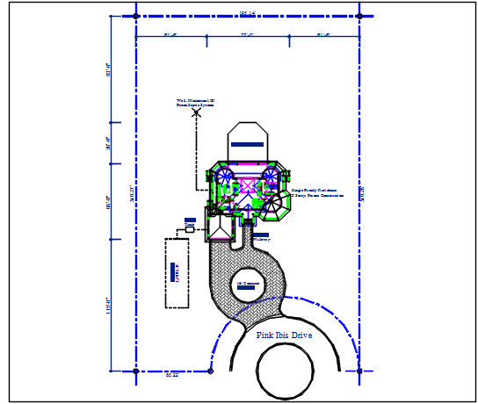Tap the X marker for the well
click(x=197, y=112)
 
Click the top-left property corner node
click(x=135, y=16)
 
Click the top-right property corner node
click(x=359, y=16)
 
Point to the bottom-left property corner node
click(x=135, y=372)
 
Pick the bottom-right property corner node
click(x=359, y=372)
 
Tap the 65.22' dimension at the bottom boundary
click(x=172, y=376)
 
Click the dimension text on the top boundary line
click(x=247, y=12)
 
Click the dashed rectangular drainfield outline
click(x=177, y=272)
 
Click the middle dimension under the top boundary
click(x=247, y=35)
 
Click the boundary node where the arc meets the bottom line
click(x=212, y=372)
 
